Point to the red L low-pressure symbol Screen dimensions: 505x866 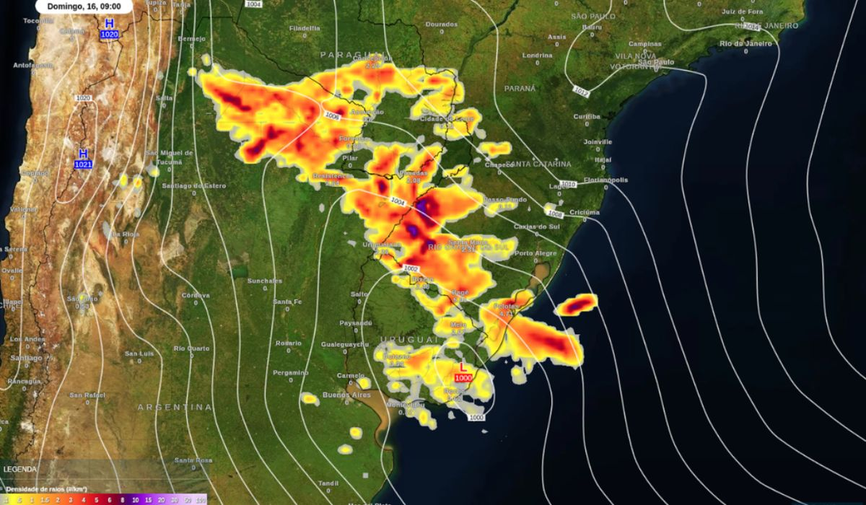pos(463,367)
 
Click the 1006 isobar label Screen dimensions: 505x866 pos(332,115)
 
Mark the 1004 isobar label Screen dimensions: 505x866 pos(398,201)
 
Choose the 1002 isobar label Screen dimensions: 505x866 pos(411,268)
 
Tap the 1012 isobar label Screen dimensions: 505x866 pos(581,90)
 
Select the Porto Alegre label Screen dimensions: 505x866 pos(535,253)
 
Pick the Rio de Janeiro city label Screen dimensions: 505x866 pos(745,43)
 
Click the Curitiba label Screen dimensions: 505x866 pos(587,116)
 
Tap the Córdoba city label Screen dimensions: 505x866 pos(196,295)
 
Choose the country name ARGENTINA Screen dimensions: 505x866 pos(175,408)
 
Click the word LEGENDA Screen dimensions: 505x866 pos(20,469)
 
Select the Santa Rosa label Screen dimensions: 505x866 pos(193,460)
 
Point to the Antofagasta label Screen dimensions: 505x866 pos(32,65)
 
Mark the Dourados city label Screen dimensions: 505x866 pos(442,24)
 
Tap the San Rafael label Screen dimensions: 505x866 pos(87,395)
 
